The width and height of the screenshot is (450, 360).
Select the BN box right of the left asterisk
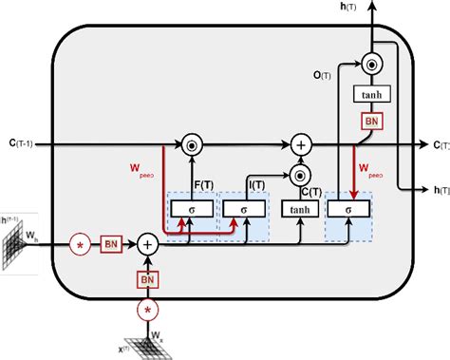point(111,244)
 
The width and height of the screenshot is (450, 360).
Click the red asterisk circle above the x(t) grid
point(148,310)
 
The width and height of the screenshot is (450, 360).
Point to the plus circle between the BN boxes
point(148,244)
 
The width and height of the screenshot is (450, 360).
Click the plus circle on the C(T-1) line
point(300,144)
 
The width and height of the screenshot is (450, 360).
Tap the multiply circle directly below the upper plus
point(300,175)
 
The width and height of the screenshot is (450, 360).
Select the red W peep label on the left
point(142,172)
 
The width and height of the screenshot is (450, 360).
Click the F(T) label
point(202,182)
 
